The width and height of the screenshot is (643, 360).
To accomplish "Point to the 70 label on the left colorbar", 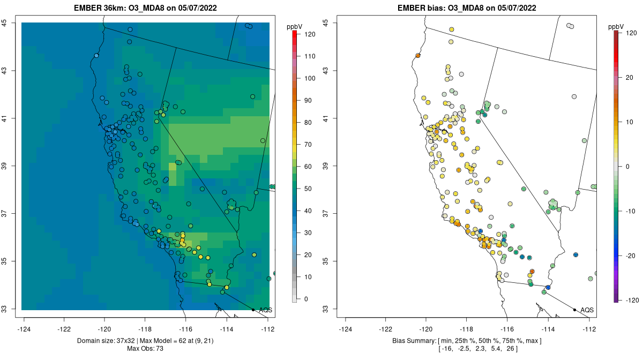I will [x=309, y=145].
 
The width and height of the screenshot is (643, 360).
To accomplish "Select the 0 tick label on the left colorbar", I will [x=306, y=299].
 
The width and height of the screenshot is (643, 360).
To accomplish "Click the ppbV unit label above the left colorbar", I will [x=295, y=26].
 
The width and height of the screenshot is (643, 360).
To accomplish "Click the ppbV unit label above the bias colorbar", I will [x=616, y=26].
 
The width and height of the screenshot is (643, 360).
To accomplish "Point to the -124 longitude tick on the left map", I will [x=24, y=328].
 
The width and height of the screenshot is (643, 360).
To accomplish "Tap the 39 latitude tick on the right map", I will [x=326, y=166].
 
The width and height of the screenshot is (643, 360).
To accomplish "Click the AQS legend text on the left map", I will [x=266, y=310].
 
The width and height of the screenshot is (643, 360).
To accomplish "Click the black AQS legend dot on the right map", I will [x=574, y=310].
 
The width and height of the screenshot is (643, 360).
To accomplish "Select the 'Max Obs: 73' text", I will [x=145, y=349].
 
